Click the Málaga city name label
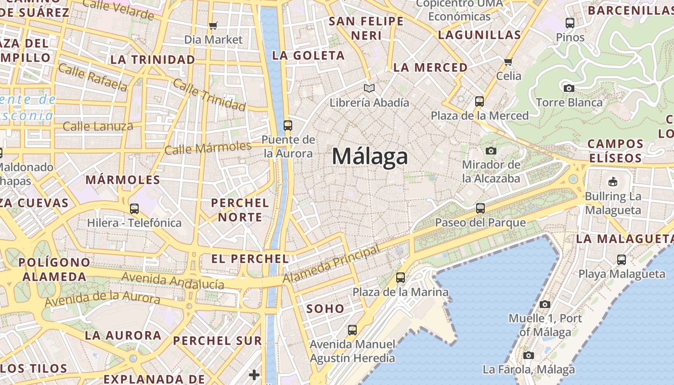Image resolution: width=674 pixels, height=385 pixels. pos(370,156)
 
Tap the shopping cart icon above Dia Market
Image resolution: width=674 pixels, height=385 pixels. pos(213,26)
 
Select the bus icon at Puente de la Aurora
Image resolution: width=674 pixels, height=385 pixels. pos(288,126)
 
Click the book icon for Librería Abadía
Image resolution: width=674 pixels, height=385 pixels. pos(369,89)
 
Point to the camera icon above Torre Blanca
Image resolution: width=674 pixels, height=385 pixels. pos(569,88)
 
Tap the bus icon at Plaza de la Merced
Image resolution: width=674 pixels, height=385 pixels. pos(479,102)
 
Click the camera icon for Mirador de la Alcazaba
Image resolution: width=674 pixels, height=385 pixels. pos(491,151)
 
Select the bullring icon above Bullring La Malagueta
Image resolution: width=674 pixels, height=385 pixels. pos(613,182)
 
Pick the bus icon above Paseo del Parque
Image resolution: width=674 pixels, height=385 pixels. pos(480,208)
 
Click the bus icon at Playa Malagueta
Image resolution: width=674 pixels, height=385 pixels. pos(622,260)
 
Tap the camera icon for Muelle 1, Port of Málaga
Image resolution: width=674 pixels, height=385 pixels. pos(545,304)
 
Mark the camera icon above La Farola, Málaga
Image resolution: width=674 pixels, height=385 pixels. pos(529,355)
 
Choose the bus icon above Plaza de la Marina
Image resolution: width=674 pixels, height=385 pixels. pos(400,278)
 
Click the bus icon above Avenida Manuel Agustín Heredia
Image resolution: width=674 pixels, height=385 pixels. pos(352,330)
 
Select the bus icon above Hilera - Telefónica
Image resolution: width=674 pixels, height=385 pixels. pos(134,209)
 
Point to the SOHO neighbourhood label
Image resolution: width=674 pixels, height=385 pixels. pos(325,309)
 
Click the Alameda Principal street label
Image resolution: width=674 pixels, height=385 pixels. pos(331,264)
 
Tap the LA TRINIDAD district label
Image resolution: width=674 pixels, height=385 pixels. pos(153,60)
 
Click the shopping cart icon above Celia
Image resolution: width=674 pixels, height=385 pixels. pos(508,62)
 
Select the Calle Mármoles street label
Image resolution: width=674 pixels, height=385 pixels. pos(208,148)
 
